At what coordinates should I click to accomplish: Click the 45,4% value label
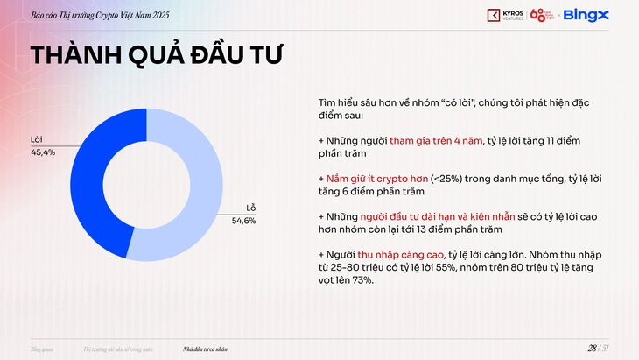(x=43, y=152)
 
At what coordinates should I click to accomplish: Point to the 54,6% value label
(x=244, y=221)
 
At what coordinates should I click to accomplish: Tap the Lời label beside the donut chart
(x=36, y=140)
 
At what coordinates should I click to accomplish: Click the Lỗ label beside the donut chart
(x=251, y=208)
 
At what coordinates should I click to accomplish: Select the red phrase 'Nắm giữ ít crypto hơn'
(x=378, y=178)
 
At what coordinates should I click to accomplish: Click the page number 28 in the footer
(x=592, y=349)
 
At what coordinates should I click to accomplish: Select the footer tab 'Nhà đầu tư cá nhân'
(x=206, y=349)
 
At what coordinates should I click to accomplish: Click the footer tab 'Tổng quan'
(x=42, y=349)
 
